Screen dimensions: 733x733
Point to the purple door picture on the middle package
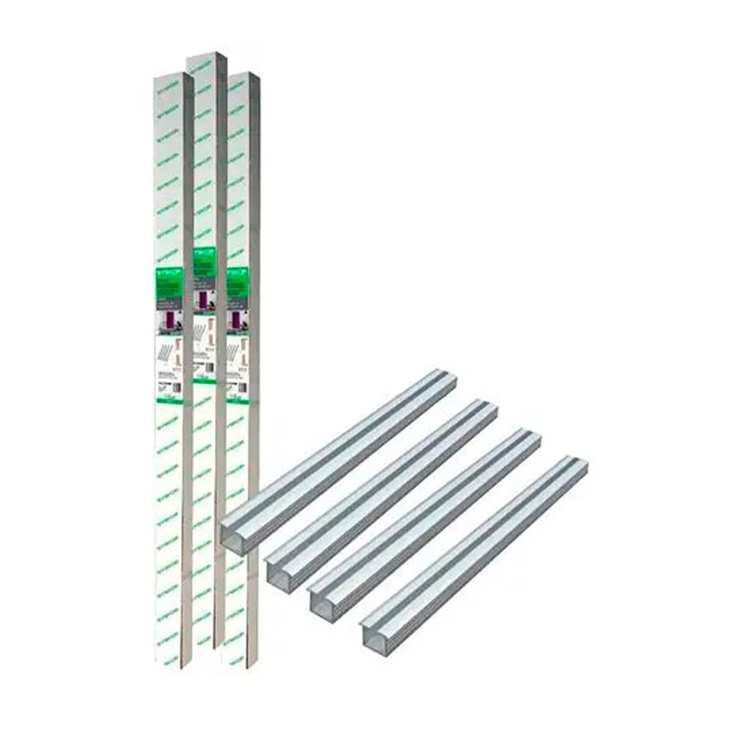click(x=204, y=301)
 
